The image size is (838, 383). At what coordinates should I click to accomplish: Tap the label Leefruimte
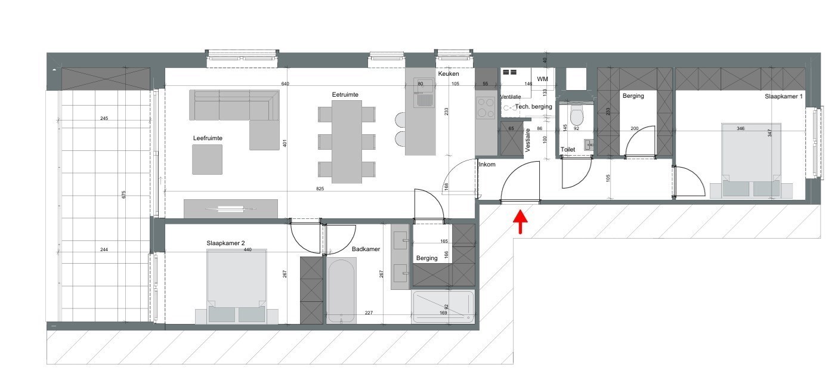(x=208, y=138)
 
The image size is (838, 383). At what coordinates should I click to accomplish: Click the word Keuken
(x=449, y=74)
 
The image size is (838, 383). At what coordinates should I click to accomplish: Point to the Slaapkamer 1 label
(x=784, y=96)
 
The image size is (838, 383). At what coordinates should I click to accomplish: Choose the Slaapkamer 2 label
(x=225, y=243)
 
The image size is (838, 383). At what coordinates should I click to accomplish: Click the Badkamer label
(x=366, y=249)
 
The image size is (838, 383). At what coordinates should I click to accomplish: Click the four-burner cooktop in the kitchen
(x=486, y=109)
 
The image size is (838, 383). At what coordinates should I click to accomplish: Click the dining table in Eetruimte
(x=347, y=141)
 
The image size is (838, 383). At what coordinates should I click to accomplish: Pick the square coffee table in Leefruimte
(x=208, y=160)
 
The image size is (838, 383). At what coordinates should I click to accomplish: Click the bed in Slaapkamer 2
(x=236, y=286)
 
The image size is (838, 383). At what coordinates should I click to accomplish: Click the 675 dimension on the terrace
(x=124, y=194)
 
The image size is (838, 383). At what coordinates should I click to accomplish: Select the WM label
(x=542, y=79)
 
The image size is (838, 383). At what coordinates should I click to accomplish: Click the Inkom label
(x=487, y=164)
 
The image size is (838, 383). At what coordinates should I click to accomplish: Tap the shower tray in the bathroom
(x=443, y=307)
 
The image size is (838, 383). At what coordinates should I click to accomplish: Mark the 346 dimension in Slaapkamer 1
(x=740, y=128)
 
